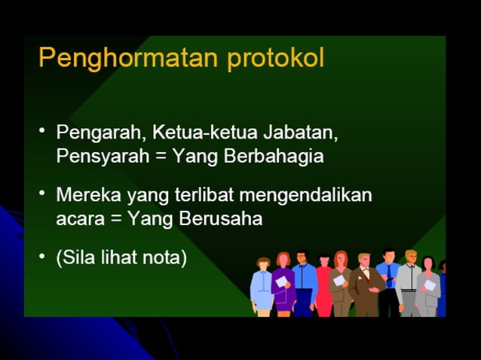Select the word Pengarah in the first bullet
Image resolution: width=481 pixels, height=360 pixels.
click(x=100, y=133)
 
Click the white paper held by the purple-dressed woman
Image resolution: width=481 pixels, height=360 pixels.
click(x=281, y=282)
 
